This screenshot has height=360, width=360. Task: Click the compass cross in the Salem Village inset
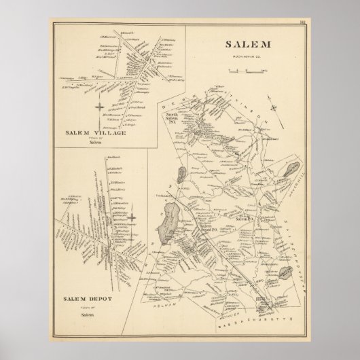tap(100, 108)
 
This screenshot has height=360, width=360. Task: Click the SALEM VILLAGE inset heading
tap(96, 132)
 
